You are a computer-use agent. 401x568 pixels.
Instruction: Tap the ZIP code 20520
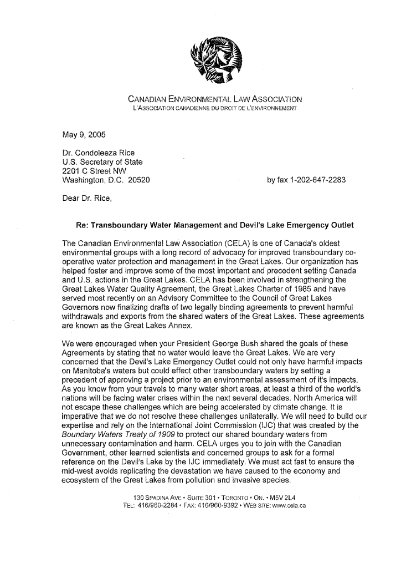pyautogui.click(x=139, y=180)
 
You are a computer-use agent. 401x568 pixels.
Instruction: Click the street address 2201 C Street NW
pyautogui.click(x=97, y=171)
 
